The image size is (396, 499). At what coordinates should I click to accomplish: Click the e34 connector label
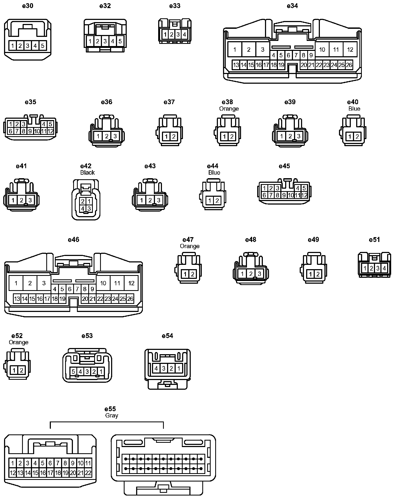292,6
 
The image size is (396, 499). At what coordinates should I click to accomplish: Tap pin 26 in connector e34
349,65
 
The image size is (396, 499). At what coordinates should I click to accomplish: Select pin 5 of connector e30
43,46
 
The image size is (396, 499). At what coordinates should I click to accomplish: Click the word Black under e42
87,173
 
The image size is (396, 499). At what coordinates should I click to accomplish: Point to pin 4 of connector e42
83,208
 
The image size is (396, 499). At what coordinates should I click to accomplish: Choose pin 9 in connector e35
30,131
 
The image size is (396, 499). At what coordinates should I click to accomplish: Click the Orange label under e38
229,109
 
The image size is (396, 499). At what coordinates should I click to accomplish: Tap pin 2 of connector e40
357,137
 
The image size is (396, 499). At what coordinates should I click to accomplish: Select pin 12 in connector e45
304,195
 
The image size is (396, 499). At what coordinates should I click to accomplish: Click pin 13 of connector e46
17,299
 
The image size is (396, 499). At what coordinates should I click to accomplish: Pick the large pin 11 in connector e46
117,283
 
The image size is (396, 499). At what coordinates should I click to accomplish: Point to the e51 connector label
374,240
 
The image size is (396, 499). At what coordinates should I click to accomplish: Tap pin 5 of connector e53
73,372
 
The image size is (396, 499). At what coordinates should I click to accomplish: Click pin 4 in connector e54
156,368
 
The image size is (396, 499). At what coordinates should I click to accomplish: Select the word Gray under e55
112,415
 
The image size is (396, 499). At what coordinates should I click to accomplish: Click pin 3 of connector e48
259,274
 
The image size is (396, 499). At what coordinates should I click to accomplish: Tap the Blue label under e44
214,173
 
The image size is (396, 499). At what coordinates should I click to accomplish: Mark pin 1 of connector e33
165,34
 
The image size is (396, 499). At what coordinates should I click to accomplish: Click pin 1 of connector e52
14,370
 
